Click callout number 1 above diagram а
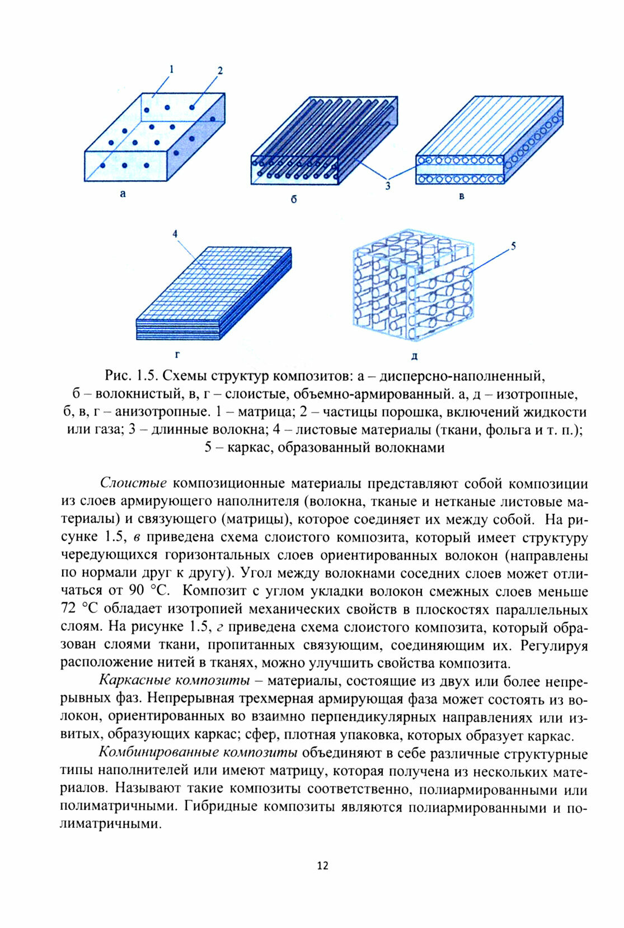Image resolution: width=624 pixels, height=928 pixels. coord(171,69)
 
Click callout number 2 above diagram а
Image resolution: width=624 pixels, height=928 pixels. coord(220,71)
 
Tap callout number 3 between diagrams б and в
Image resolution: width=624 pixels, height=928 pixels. coord(387,186)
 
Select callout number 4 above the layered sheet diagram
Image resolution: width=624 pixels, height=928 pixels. coord(175,234)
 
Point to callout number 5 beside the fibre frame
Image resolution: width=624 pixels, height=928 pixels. coord(513,246)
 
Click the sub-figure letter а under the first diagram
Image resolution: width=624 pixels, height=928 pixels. coord(123,195)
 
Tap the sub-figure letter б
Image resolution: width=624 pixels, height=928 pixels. coord(294,199)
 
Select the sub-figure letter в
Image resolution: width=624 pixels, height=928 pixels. coord(462,196)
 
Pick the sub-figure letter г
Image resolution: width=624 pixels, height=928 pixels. coord(177,354)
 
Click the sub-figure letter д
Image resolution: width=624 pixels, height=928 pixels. coord(414,356)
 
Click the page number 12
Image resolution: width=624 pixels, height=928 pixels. coord(322,865)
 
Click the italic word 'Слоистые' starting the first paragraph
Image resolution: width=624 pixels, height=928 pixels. coord(134,483)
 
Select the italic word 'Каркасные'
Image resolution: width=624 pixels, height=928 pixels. coord(135,681)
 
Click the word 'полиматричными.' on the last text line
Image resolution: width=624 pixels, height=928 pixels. coord(111,824)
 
